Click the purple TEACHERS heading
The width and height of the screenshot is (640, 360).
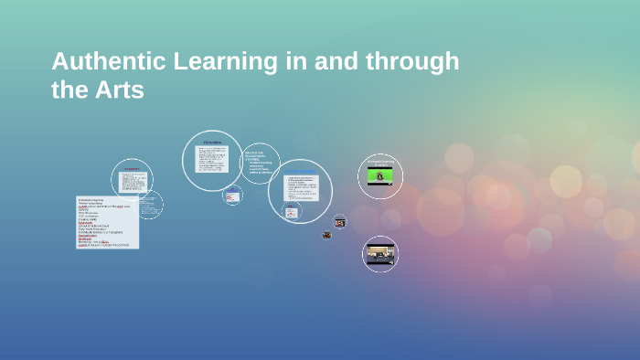tap(212, 143)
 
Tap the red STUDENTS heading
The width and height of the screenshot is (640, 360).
tap(131, 169)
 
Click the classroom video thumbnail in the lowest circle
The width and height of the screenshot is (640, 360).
tap(379, 254)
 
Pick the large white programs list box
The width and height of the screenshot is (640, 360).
tap(107, 222)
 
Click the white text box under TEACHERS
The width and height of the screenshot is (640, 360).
tap(212, 160)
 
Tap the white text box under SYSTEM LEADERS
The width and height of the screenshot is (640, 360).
tap(301, 188)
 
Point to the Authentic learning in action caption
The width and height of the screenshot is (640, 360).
tap(379, 164)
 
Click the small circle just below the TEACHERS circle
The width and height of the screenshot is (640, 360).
tap(233, 195)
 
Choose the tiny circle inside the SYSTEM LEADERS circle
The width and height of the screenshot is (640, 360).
tap(291, 212)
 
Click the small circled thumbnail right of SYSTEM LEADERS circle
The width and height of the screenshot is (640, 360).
tap(339, 221)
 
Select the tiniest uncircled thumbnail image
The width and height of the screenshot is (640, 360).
tap(326, 235)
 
